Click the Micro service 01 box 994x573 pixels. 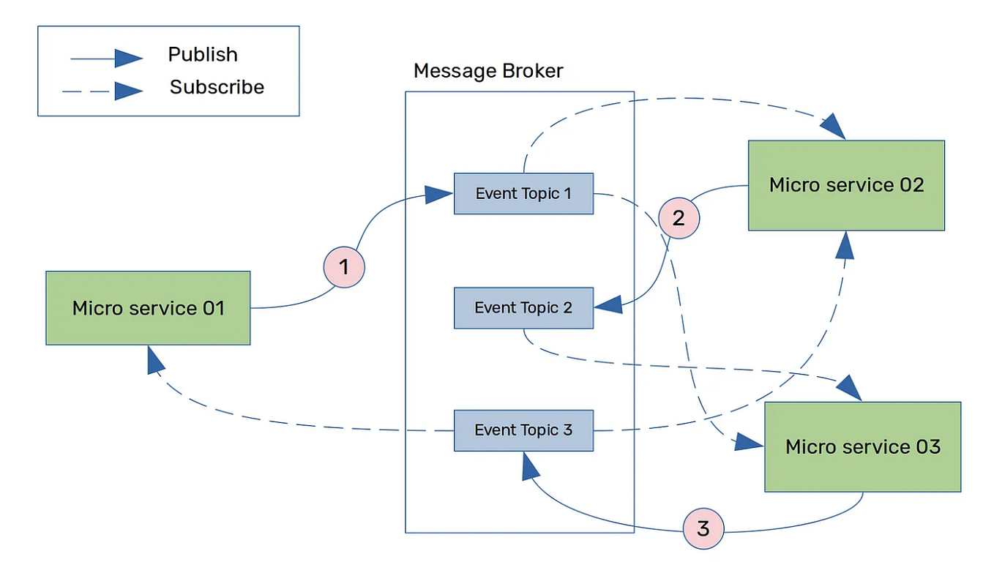148,308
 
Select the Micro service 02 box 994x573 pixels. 846,185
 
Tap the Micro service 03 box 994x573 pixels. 862,446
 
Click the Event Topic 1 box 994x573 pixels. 523,194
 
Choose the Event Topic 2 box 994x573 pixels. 523,307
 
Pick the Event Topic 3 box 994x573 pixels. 523,430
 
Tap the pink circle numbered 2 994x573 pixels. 679,218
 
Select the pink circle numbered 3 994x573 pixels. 703,528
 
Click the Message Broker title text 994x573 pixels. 488,71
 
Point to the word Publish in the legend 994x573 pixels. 203,55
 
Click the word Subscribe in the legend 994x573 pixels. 217,87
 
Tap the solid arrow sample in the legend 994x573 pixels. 106,59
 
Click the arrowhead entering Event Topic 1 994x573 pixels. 439,194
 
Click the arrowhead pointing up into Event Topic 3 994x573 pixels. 531,465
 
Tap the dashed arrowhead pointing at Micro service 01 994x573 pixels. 155,360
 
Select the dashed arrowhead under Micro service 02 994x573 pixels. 845,246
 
